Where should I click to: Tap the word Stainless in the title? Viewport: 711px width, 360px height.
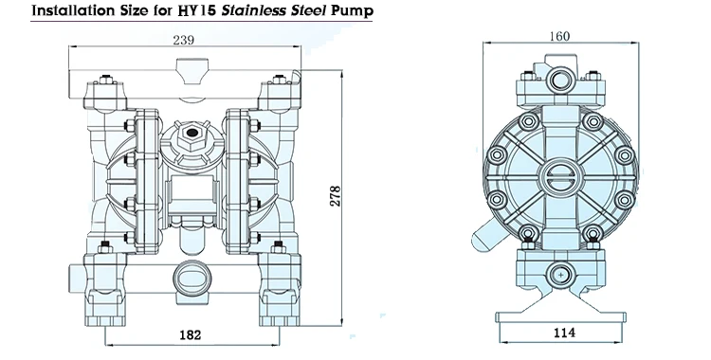pyautogui.click(x=231, y=12)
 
